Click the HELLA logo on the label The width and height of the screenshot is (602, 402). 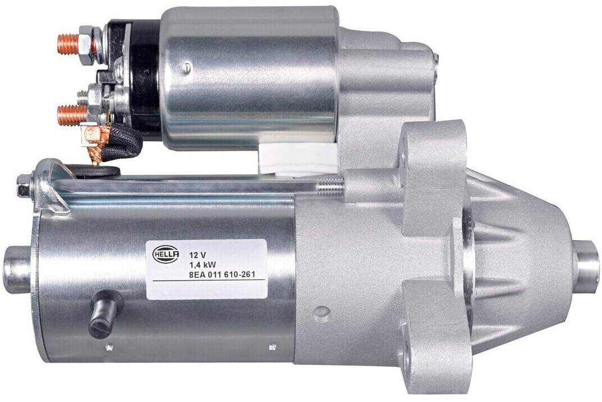(166, 254)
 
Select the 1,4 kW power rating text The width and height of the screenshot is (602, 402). (200, 264)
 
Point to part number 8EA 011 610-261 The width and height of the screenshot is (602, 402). (222, 275)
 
